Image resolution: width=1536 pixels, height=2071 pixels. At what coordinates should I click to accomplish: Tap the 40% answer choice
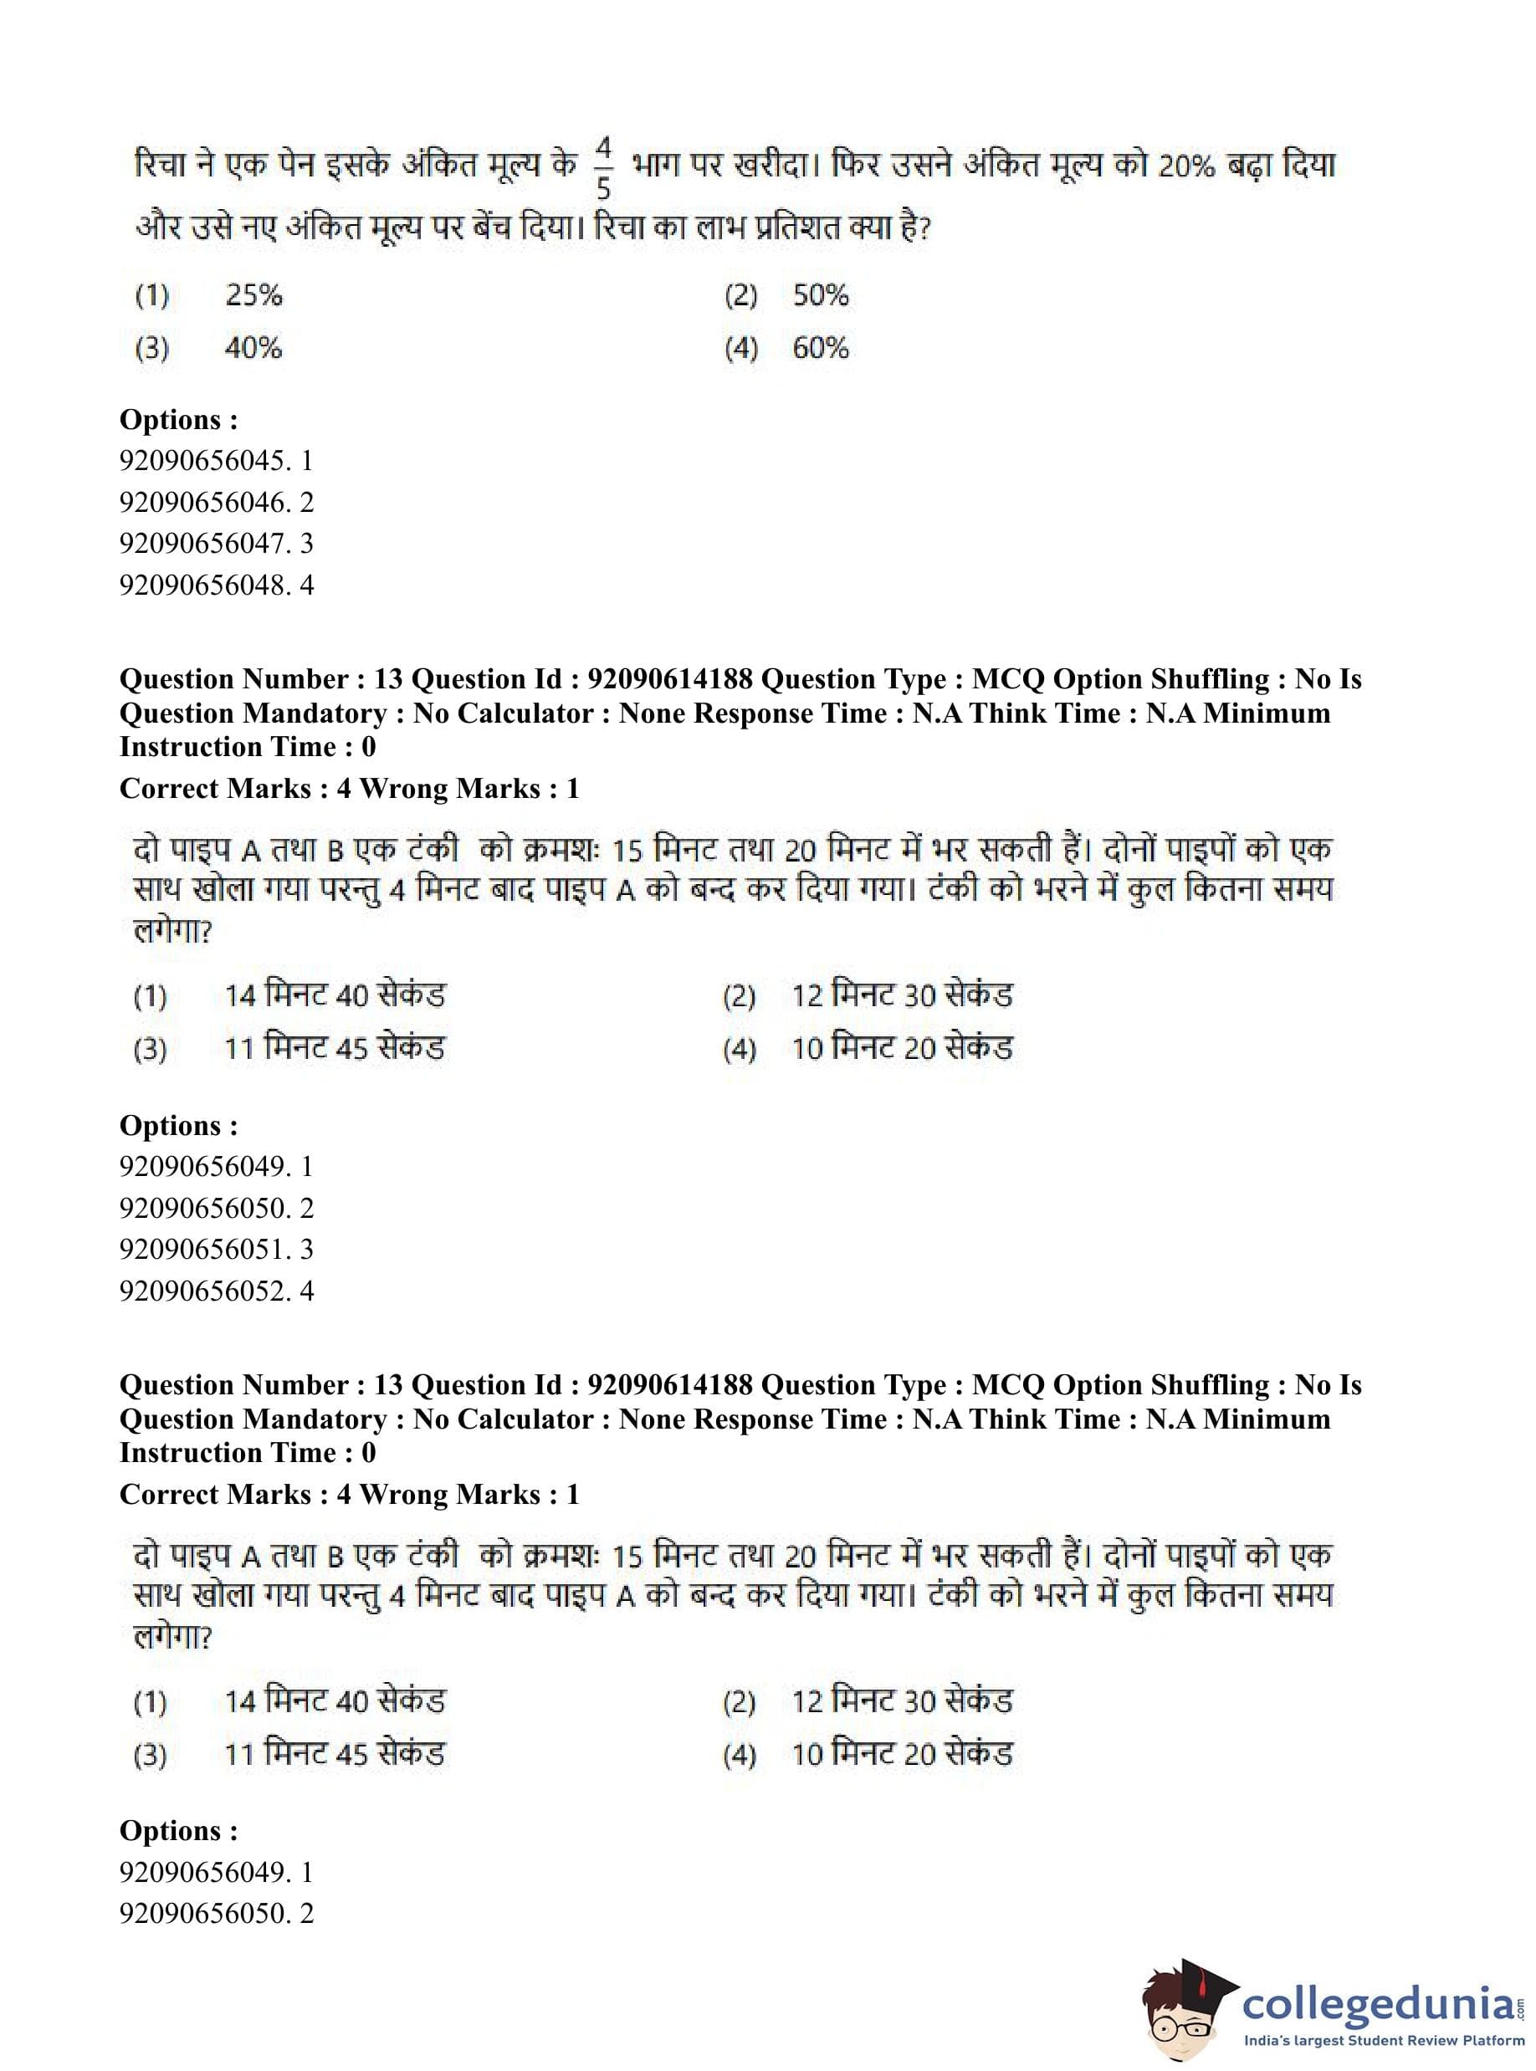pos(253,349)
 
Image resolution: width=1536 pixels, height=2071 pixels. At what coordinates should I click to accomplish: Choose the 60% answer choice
pos(820,349)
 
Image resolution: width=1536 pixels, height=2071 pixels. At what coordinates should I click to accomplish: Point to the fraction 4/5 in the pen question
pos(603,168)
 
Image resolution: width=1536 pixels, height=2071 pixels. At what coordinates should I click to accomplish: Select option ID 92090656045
pos(216,461)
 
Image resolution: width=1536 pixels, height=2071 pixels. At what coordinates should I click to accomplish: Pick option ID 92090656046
pos(216,503)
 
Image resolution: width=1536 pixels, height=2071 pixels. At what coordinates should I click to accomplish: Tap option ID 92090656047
pos(216,544)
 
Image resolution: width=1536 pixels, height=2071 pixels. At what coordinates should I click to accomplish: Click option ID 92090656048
pos(216,586)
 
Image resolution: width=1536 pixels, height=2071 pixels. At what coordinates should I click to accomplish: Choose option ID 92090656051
pos(216,1250)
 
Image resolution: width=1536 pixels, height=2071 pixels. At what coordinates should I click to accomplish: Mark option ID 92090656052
pos(216,1291)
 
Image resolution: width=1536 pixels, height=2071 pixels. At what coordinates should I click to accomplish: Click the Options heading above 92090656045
pos(178,420)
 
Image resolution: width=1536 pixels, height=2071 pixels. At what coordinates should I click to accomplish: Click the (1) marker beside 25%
pos(152,297)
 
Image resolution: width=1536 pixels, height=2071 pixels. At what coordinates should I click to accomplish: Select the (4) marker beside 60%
pos(741,350)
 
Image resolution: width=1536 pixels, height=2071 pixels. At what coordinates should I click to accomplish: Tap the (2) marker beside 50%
pos(741,297)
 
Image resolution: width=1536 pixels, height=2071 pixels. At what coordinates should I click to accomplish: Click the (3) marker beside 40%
pos(152,350)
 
